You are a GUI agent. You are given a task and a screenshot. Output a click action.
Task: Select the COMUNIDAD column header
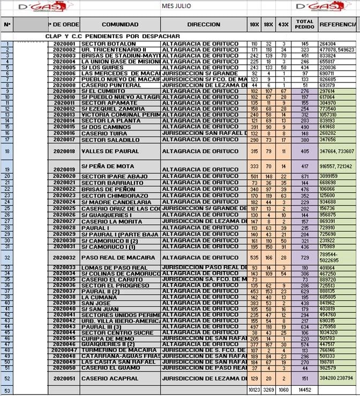coord(120,25)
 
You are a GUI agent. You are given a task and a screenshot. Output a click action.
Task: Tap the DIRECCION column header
coord(204,25)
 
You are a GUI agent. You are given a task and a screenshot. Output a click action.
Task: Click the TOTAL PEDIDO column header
coord(305,25)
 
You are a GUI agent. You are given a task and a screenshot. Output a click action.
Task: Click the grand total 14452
coord(304,390)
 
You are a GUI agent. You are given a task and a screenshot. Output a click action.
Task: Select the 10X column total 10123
coord(254,390)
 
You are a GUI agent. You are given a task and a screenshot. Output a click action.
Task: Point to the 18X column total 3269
coord(269,390)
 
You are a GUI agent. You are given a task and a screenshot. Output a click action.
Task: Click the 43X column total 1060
coord(283,390)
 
